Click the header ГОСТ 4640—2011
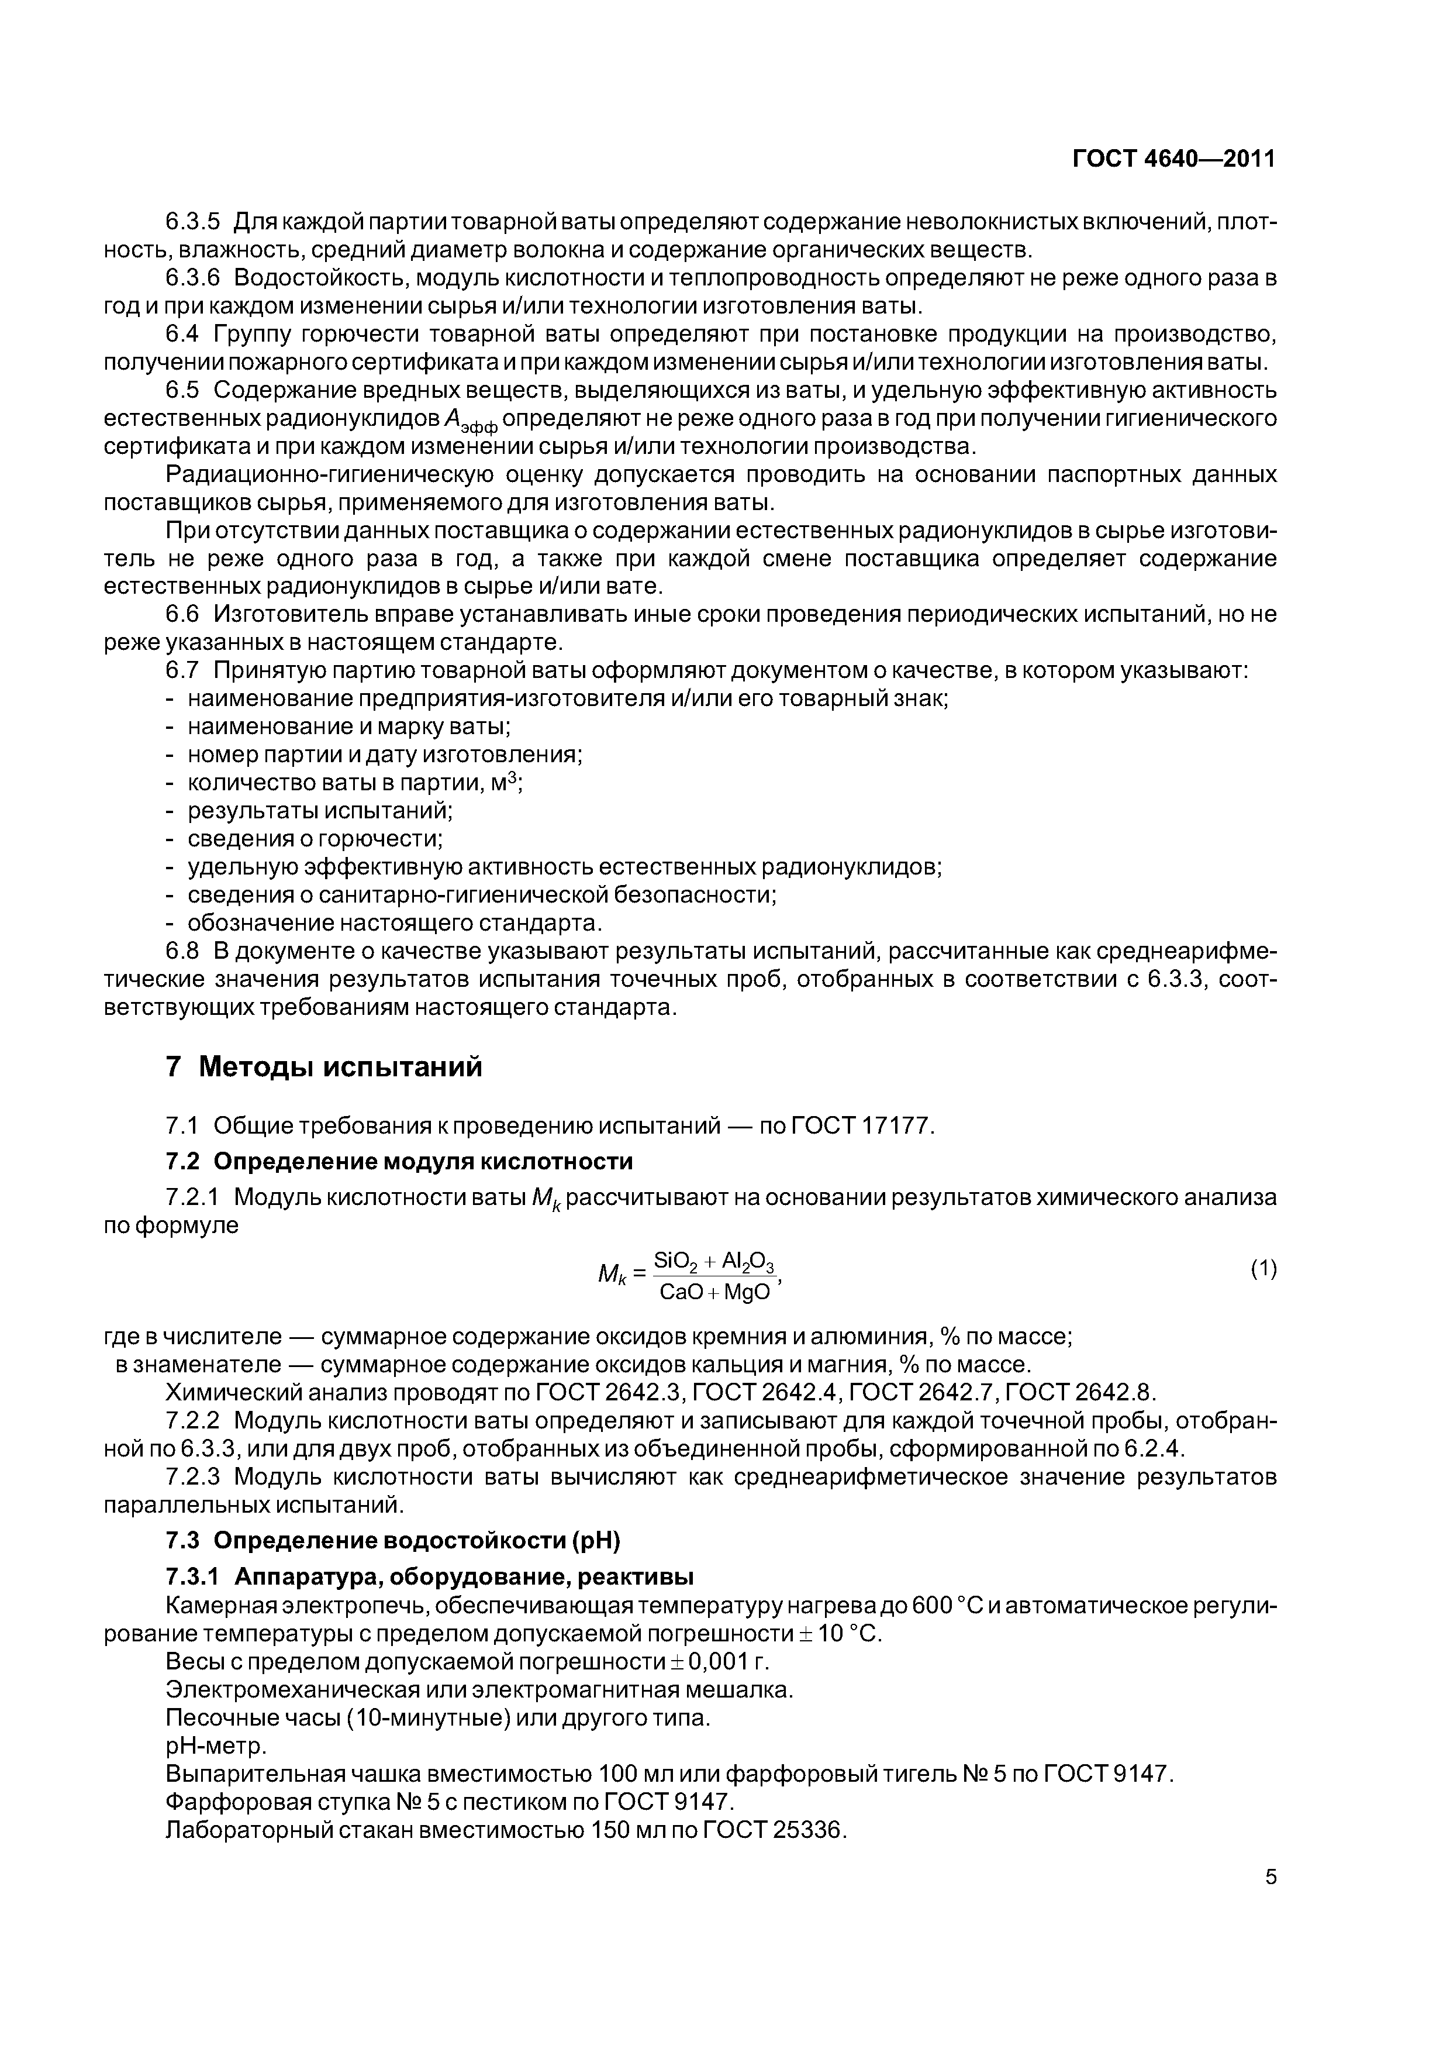pyautogui.click(x=1173, y=159)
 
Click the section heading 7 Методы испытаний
pyautogui.click(x=323, y=1067)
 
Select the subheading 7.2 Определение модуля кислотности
pyautogui.click(x=399, y=1161)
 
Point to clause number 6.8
pyautogui.click(x=185, y=951)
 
